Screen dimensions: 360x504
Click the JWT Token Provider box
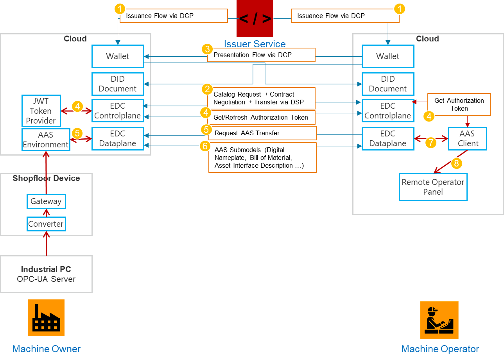click(41, 111)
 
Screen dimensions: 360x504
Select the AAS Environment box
click(46, 140)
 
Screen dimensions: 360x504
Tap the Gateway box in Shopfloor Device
click(46, 201)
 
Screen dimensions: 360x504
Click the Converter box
click(46, 224)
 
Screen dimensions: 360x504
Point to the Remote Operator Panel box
click(433, 187)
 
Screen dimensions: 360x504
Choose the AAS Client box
click(468, 139)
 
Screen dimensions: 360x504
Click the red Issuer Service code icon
click(255, 19)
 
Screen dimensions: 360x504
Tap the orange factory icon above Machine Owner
click(46, 318)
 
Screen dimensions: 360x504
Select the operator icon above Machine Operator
click(439, 320)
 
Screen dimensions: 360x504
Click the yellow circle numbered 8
click(457, 163)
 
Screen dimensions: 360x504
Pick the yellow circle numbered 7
click(430, 142)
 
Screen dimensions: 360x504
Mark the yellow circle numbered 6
click(205, 146)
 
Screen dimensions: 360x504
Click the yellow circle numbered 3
click(207, 50)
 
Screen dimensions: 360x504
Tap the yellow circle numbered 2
click(207, 89)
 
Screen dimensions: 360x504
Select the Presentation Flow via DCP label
click(261, 55)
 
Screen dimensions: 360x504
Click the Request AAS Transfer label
click(262, 133)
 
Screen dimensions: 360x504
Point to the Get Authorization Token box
click(459, 104)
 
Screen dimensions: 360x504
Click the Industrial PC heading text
click(46, 269)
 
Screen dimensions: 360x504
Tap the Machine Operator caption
click(440, 349)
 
